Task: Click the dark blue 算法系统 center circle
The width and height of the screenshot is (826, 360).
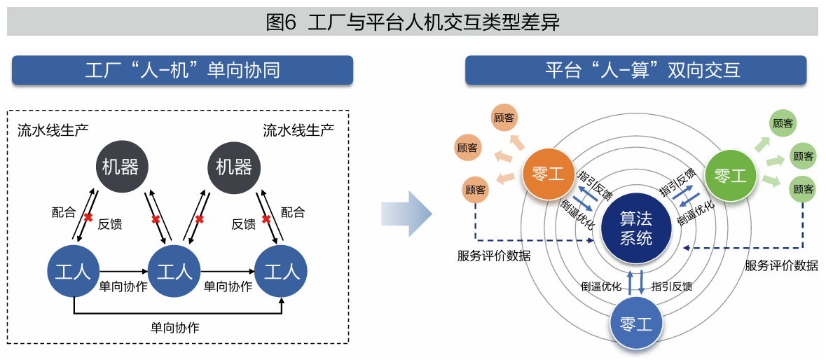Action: (635, 228)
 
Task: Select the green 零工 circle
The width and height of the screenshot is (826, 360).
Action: (731, 176)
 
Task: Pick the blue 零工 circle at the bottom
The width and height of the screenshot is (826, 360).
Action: (636, 324)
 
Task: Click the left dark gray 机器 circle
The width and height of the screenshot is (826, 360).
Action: (121, 167)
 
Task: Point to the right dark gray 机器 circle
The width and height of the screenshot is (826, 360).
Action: (234, 167)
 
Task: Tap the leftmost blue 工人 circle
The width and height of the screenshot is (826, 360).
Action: (73, 270)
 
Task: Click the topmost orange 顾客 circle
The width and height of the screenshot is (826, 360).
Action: (504, 118)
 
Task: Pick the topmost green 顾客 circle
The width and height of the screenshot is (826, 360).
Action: (783, 123)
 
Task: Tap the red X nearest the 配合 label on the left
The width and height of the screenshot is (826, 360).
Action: (88, 217)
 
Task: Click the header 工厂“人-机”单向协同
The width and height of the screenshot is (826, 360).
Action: (182, 70)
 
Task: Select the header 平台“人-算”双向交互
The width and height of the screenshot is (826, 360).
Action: (635, 70)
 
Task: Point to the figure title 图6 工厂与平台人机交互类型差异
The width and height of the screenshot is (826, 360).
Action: (413, 22)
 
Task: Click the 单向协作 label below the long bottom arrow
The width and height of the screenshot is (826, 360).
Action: (175, 327)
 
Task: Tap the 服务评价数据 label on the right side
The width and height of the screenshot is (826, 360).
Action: (781, 265)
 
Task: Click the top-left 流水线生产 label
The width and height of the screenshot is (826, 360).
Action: (53, 130)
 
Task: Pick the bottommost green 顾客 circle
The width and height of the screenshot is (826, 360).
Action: (803, 189)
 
